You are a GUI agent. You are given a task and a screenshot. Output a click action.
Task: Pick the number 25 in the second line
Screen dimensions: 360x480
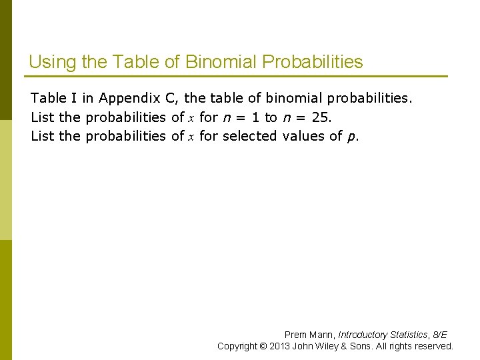click(x=320, y=117)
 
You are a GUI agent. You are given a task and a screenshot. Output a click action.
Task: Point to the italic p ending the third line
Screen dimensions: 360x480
click(x=351, y=137)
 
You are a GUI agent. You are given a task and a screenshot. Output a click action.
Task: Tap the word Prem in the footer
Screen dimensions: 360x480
click(x=295, y=335)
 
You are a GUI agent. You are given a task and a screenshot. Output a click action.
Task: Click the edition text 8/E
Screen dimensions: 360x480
click(x=440, y=335)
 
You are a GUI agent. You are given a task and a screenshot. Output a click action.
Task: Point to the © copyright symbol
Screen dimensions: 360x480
click(x=264, y=346)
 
